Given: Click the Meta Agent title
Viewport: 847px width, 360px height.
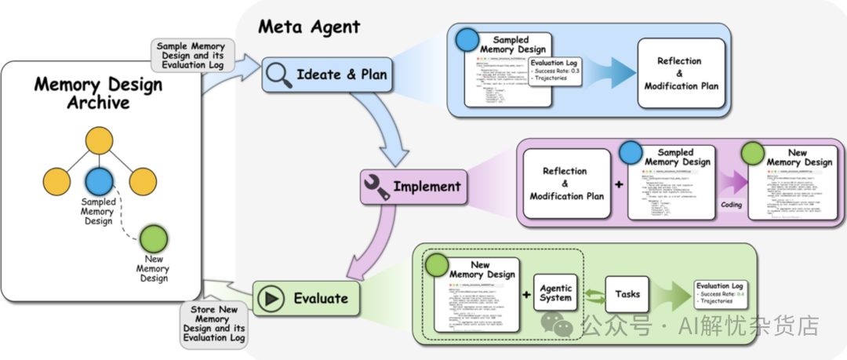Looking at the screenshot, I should pyautogui.click(x=309, y=27).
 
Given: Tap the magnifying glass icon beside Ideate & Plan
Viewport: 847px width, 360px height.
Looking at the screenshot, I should pyautogui.click(x=278, y=75).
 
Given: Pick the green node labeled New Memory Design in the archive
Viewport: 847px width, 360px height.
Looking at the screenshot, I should pyautogui.click(x=152, y=238).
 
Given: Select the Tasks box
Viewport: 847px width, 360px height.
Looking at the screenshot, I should pyautogui.click(x=627, y=295).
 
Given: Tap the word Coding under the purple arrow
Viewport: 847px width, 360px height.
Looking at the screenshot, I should pyautogui.click(x=731, y=205).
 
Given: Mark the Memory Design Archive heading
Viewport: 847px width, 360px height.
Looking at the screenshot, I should pyautogui.click(x=98, y=93).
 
